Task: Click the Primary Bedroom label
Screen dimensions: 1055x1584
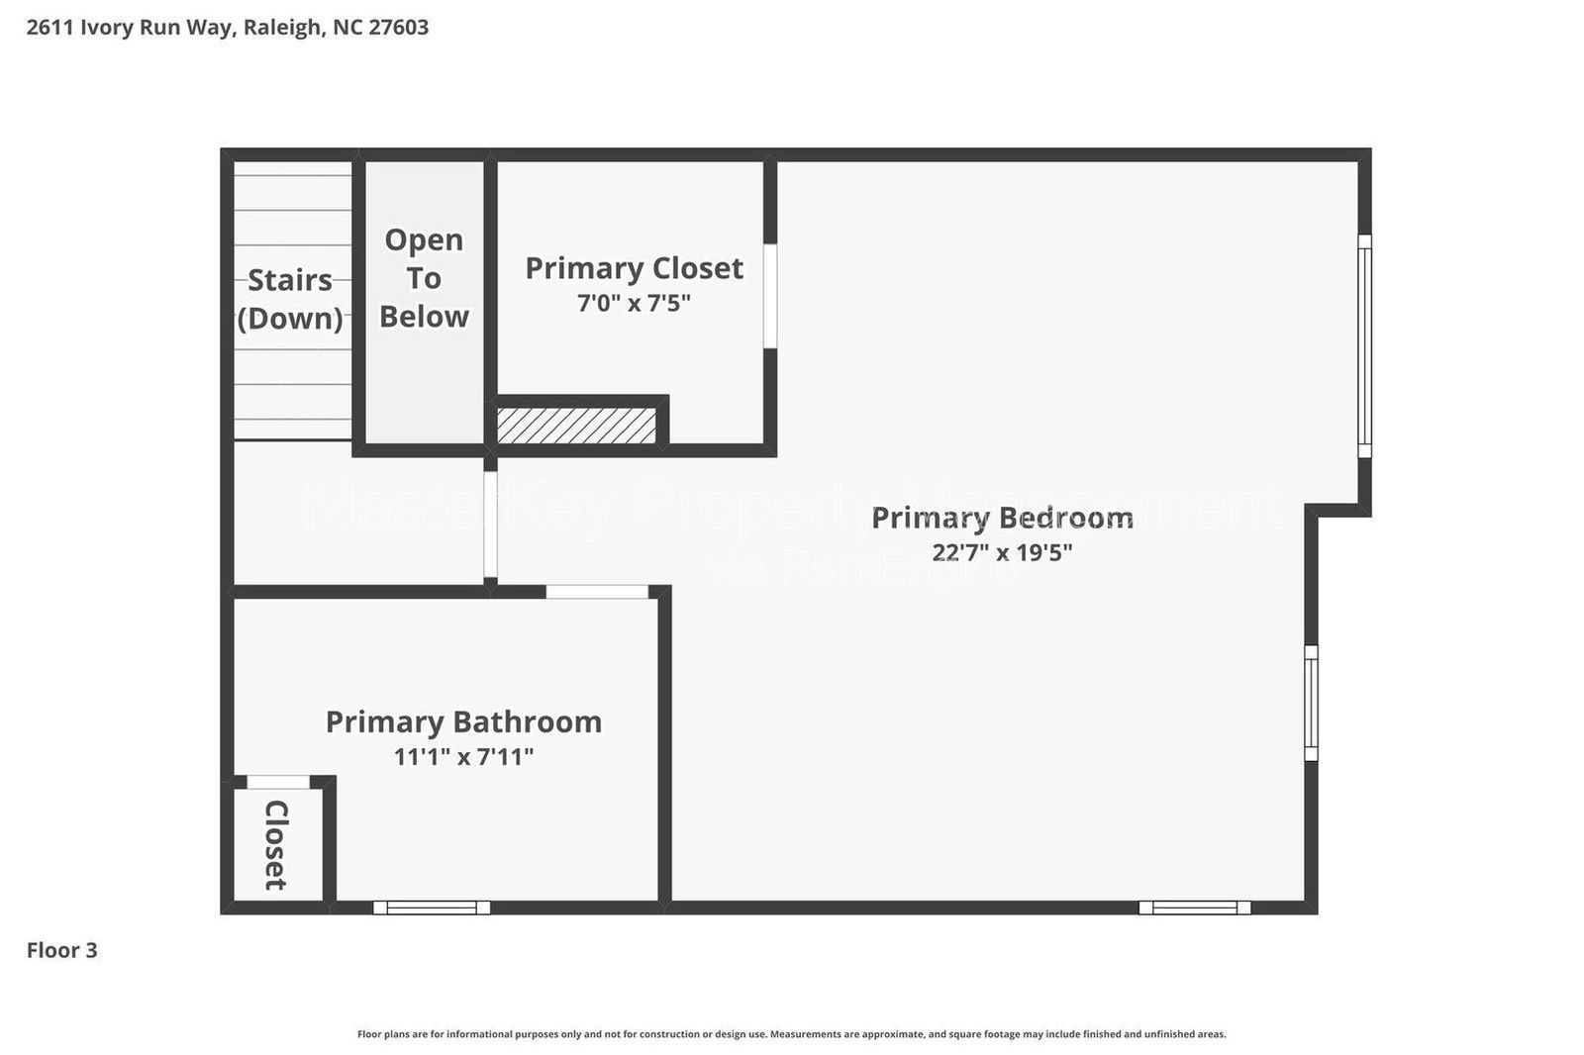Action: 1002,518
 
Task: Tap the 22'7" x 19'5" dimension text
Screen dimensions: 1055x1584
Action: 1002,552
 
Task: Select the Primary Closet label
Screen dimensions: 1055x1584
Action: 634,268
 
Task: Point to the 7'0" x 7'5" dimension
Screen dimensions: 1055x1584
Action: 634,303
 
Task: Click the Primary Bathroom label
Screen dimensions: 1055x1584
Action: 463,721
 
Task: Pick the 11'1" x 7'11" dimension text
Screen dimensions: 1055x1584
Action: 463,757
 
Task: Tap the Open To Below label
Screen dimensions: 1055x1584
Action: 424,278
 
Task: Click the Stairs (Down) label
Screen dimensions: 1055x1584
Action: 290,299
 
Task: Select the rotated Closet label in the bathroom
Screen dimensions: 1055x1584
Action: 276,845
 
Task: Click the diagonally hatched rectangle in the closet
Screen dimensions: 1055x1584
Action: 576,426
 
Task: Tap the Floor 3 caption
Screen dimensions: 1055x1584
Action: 61,950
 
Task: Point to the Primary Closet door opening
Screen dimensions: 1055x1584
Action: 769,296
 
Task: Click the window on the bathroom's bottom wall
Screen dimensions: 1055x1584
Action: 432,908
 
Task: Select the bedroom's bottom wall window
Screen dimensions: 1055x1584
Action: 1194,908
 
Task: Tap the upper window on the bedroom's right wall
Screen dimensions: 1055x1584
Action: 1364,345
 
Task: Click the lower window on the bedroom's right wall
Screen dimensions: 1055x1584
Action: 1311,703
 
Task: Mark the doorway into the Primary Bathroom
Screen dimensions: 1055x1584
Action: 597,592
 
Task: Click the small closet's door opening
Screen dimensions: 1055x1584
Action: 278,782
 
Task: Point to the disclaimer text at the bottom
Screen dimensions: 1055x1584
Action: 791,1034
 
